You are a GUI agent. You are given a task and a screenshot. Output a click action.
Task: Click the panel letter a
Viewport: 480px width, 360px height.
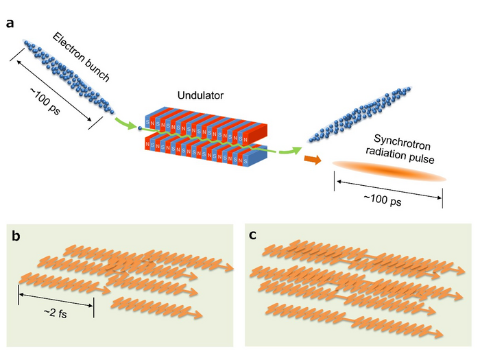(x=10, y=23)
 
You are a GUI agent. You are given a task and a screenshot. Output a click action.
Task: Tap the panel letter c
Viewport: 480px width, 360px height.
(x=253, y=235)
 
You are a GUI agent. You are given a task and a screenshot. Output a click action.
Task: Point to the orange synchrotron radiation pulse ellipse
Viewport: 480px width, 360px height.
(x=389, y=171)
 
